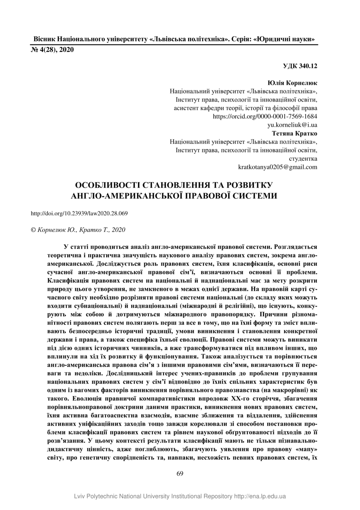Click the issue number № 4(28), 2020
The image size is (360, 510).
tap(53, 50)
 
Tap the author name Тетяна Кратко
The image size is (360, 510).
tap(294, 133)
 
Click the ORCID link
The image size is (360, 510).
tap(265, 116)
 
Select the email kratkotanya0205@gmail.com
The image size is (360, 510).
tap(278, 167)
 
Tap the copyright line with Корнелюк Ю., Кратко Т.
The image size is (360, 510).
tap(78, 229)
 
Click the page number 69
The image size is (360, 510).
tap(180, 473)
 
